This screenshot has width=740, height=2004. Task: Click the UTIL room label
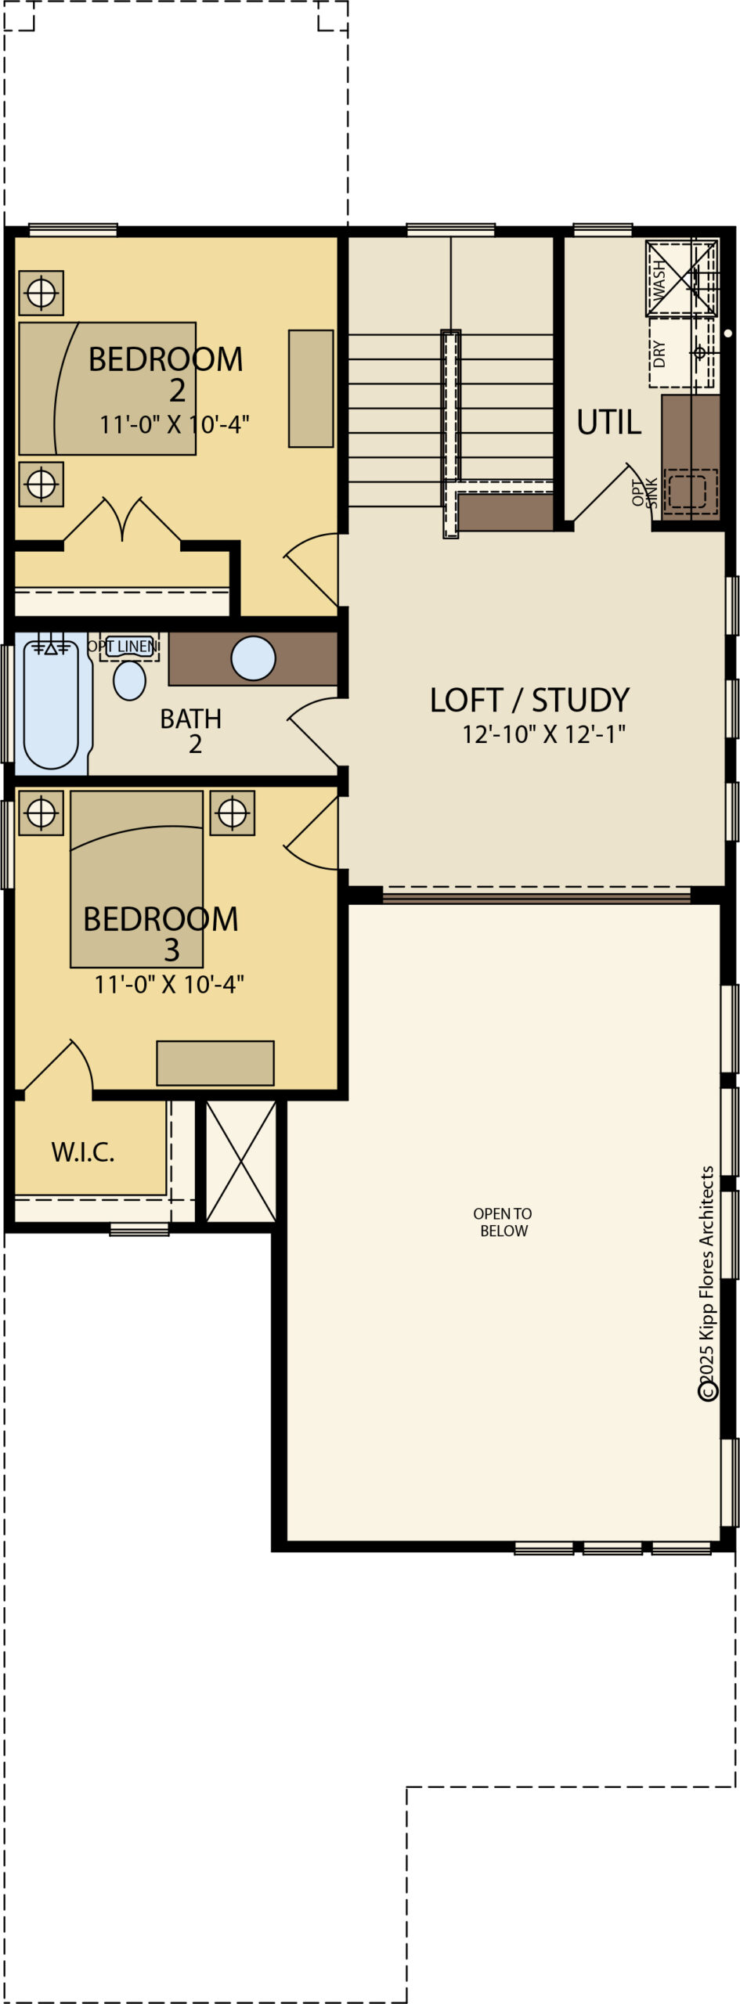pos(608,423)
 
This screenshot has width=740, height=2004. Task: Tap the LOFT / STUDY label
pos(529,700)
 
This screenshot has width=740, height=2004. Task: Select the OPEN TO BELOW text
pos(503,1222)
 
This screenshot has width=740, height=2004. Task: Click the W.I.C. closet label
pos(83,1152)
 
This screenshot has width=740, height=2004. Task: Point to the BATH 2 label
pos(191,730)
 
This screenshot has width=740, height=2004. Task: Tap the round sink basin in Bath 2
pos(253,658)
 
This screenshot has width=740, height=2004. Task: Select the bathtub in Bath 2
pos(51,704)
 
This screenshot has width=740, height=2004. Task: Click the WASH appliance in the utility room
pos(681,279)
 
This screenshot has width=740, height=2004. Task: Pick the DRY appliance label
pos(659,354)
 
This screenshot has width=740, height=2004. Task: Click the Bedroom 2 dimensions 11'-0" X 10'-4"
pos(174,424)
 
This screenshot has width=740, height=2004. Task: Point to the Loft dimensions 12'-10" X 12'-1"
pos(543,734)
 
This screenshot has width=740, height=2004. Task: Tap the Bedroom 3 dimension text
pos(169,984)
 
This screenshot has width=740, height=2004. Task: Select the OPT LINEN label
pos(123,646)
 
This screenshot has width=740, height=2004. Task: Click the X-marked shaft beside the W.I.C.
pos(240,1161)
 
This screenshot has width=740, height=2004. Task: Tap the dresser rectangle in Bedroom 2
pos(311,388)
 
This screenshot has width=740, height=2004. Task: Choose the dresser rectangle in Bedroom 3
pos(215,1062)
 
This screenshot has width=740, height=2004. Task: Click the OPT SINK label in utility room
pos(644,493)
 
